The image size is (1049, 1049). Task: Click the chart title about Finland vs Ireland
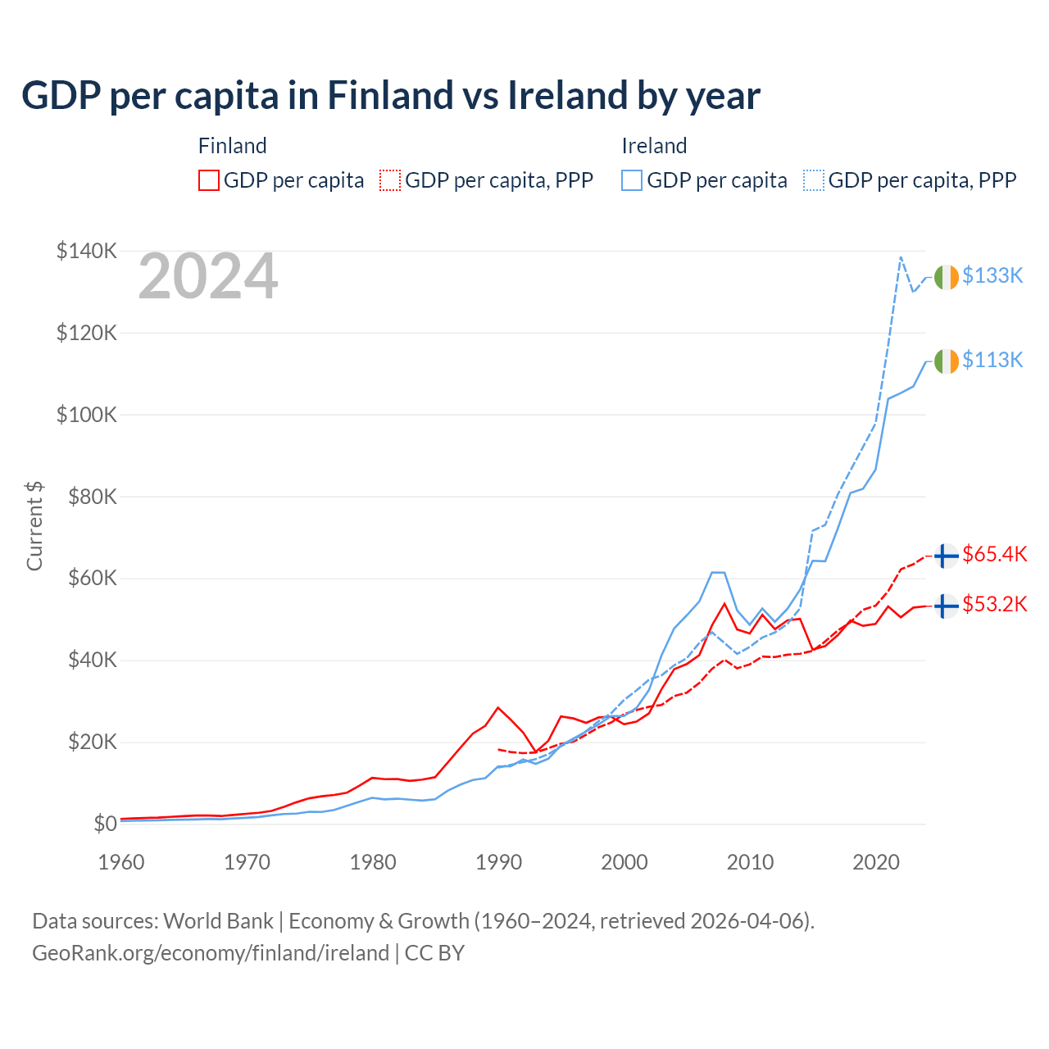[391, 96]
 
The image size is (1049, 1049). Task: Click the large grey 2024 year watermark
[208, 277]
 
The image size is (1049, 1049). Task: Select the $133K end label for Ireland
[992, 276]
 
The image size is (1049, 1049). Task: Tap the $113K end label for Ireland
[992, 361]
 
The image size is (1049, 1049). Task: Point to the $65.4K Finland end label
[994, 555]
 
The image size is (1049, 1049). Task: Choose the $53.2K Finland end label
[994, 605]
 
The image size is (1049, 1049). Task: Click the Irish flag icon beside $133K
[946, 278]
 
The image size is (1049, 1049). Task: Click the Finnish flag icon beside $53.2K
[946, 606]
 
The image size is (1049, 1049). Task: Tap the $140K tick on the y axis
[87, 251]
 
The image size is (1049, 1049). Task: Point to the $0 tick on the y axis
[105, 824]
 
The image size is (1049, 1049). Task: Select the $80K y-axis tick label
[87, 497]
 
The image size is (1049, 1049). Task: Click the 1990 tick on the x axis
[498, 862]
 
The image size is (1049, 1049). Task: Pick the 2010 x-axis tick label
[750, 862]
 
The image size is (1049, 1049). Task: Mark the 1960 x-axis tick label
[121, 862]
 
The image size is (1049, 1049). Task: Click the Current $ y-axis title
[34, 526]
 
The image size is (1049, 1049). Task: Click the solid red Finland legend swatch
[209, 180]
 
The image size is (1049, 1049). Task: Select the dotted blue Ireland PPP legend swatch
[814, 180]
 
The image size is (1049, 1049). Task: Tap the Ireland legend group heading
[654, 146]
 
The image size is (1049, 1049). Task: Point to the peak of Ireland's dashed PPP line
[901, 257]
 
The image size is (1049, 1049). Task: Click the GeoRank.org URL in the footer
[211, 953]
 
